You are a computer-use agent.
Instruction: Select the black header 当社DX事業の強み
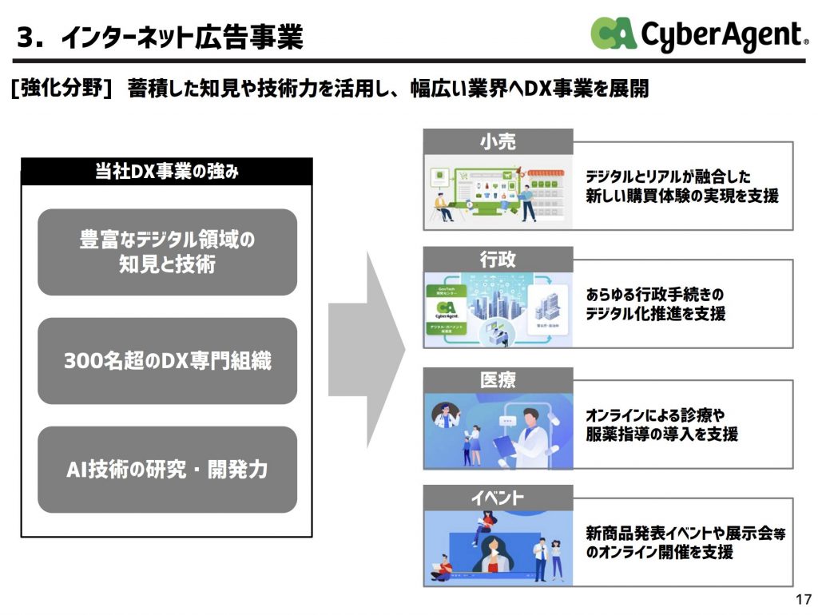click(166, 172)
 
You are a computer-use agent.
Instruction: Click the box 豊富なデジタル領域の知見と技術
click(167, 252)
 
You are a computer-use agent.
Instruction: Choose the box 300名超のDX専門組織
click(167, 361)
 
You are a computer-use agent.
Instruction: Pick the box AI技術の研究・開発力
click(167, 470)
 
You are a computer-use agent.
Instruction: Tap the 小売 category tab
click(498, 141)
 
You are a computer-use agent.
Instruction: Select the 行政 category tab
click(498, 260)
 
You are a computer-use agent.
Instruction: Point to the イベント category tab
click(498, 498)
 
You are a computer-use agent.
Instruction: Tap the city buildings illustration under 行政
click(498, 310)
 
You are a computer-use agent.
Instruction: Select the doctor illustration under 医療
click(498, 430)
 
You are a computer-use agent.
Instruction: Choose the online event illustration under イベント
click(498, 546)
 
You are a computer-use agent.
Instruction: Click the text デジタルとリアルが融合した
click(668, 177)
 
